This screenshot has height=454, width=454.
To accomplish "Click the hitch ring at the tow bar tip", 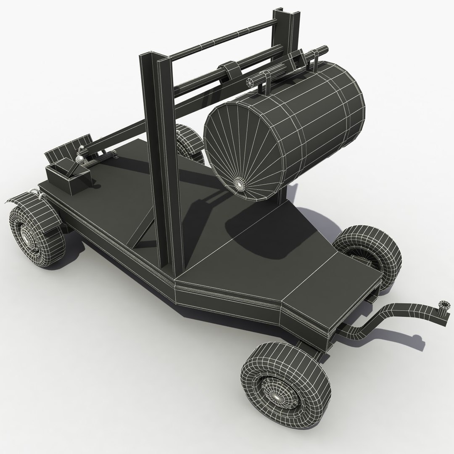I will tap(443, 305).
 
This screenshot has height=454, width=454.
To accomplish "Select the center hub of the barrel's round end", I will tap(239, 183).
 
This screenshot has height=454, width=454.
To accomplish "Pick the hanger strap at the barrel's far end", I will tap(314, 63).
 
